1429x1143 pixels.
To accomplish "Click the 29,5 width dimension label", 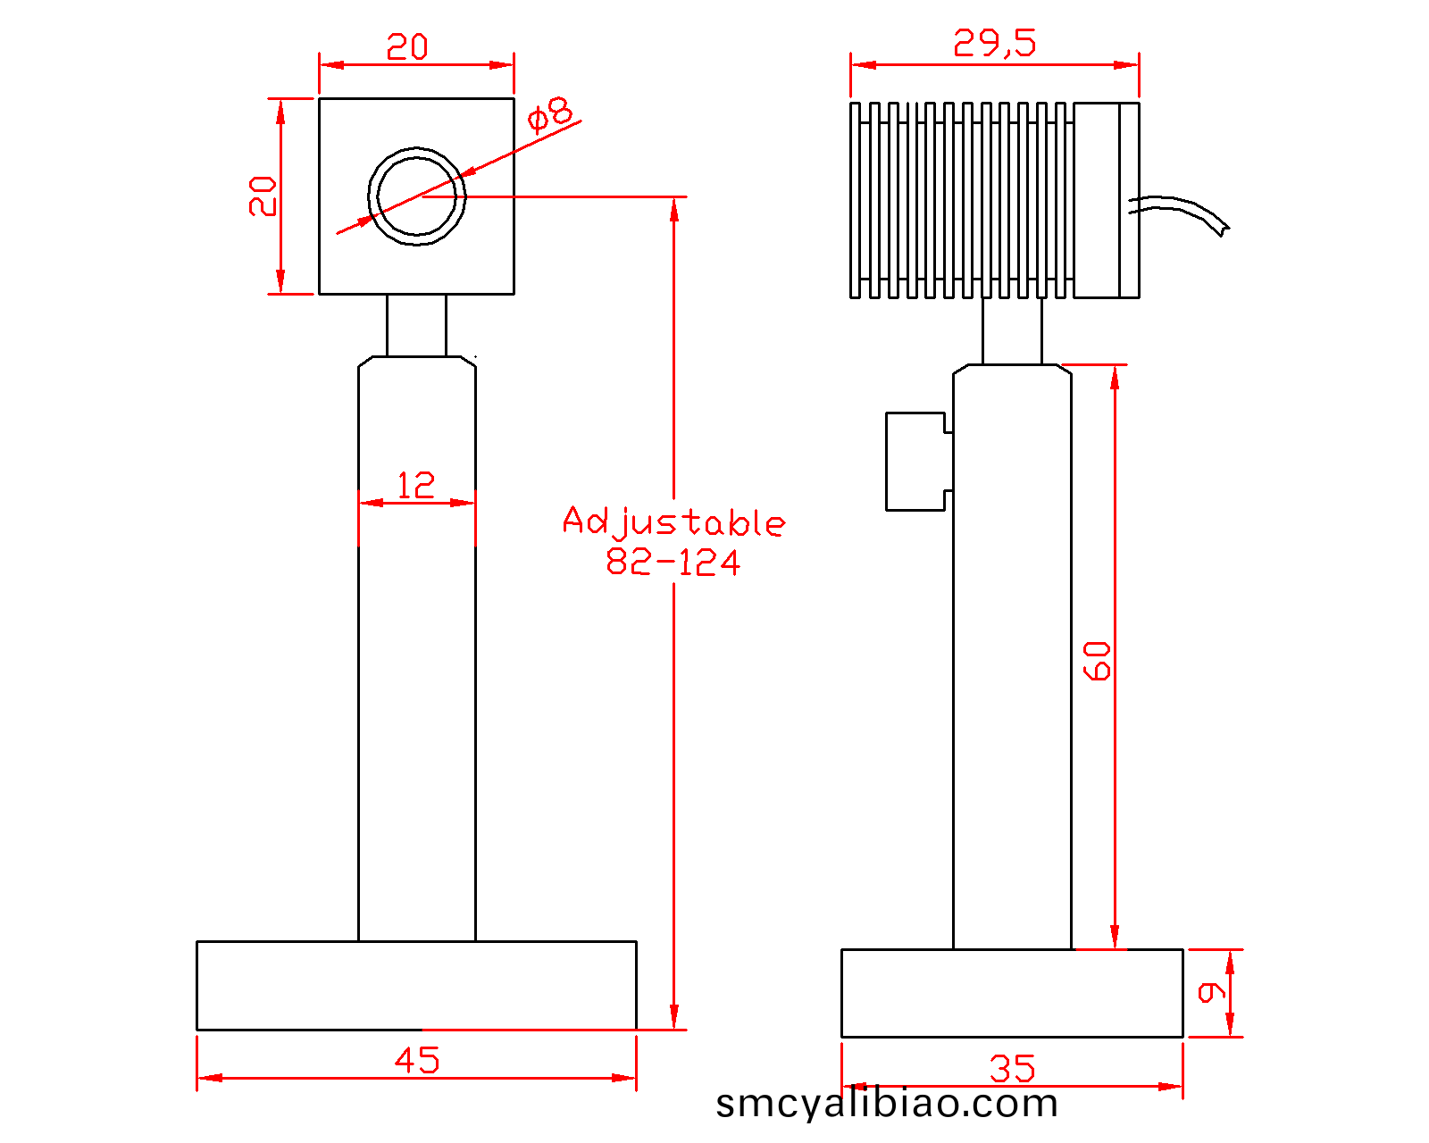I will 994,43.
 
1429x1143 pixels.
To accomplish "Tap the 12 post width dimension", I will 416,486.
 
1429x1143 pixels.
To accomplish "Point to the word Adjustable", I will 673,521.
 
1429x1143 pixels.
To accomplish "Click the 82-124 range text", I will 673,563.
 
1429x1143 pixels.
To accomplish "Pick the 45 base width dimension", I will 417,1060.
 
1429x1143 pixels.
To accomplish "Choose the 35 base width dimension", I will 1012,1068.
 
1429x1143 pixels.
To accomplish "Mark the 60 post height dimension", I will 1098,661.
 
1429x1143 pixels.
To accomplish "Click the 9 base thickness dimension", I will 1211,992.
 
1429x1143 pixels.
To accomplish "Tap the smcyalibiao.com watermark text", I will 887,1104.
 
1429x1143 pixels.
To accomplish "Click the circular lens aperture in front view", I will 417,196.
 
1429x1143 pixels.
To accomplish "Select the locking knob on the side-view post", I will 916,461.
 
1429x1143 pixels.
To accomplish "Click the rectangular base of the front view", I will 416,985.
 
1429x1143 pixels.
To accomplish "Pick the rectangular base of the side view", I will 1012,993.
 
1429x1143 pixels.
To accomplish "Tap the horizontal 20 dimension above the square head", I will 407,46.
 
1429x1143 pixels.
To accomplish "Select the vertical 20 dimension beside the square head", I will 263,196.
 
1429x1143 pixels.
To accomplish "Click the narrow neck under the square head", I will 416,325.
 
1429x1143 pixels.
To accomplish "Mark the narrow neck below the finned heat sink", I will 1012,330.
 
